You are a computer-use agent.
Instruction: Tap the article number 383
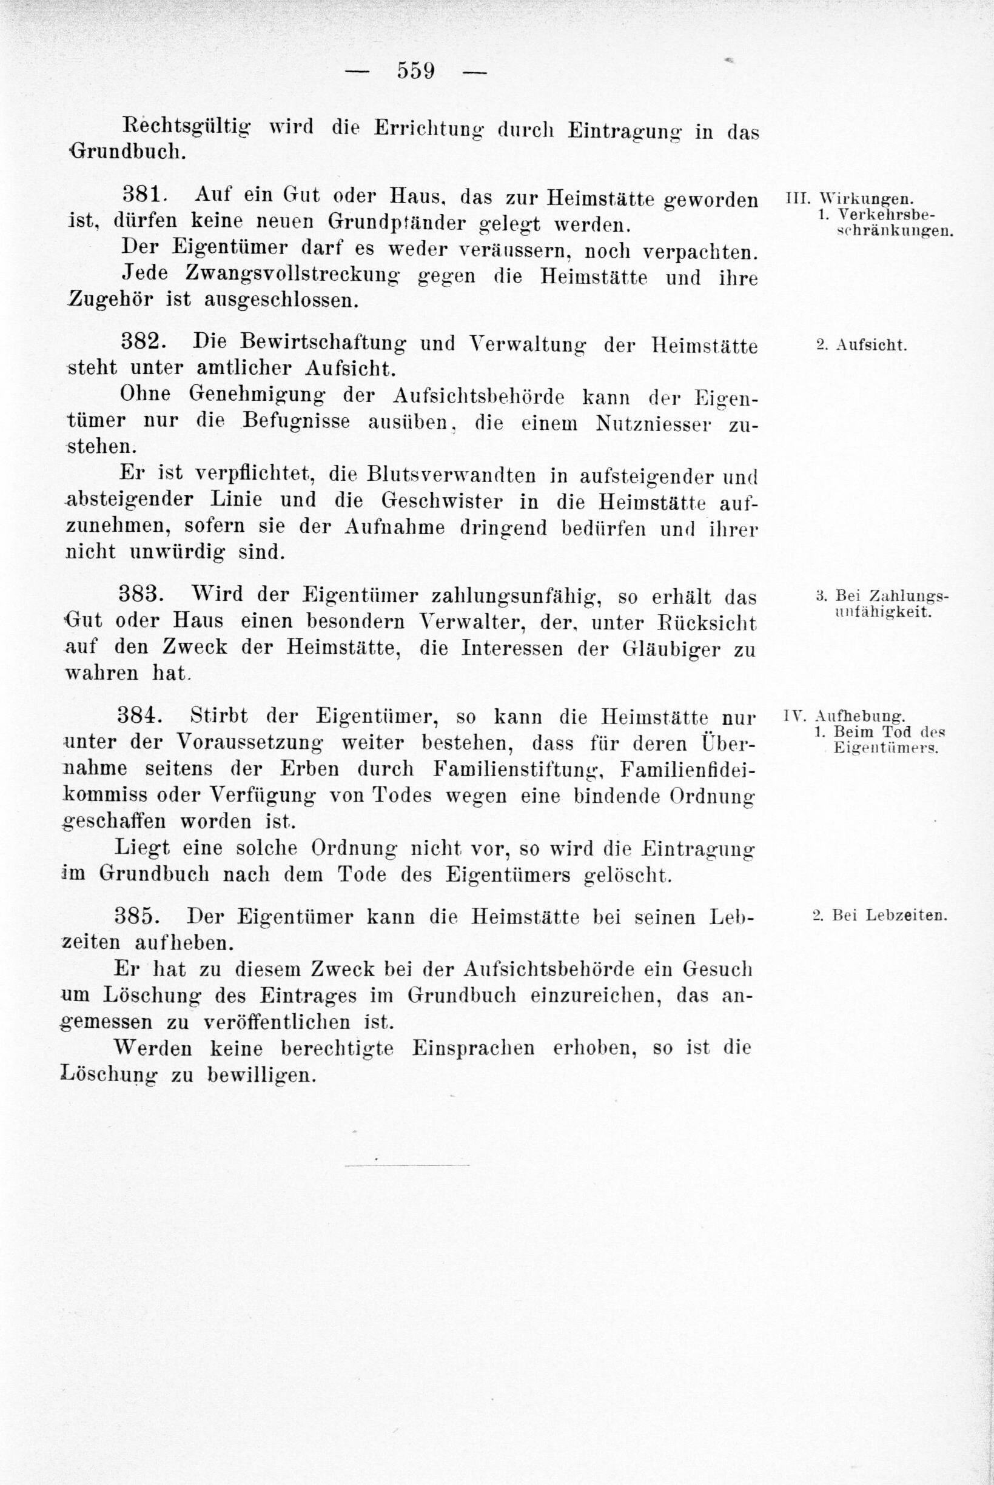point(142,596)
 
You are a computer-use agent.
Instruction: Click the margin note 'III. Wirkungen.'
point(850,197)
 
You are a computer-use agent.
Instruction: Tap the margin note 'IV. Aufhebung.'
point(844,717)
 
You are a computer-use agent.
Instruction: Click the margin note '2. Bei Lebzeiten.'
point(879,916)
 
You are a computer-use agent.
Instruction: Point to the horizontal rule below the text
point(407,1164)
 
